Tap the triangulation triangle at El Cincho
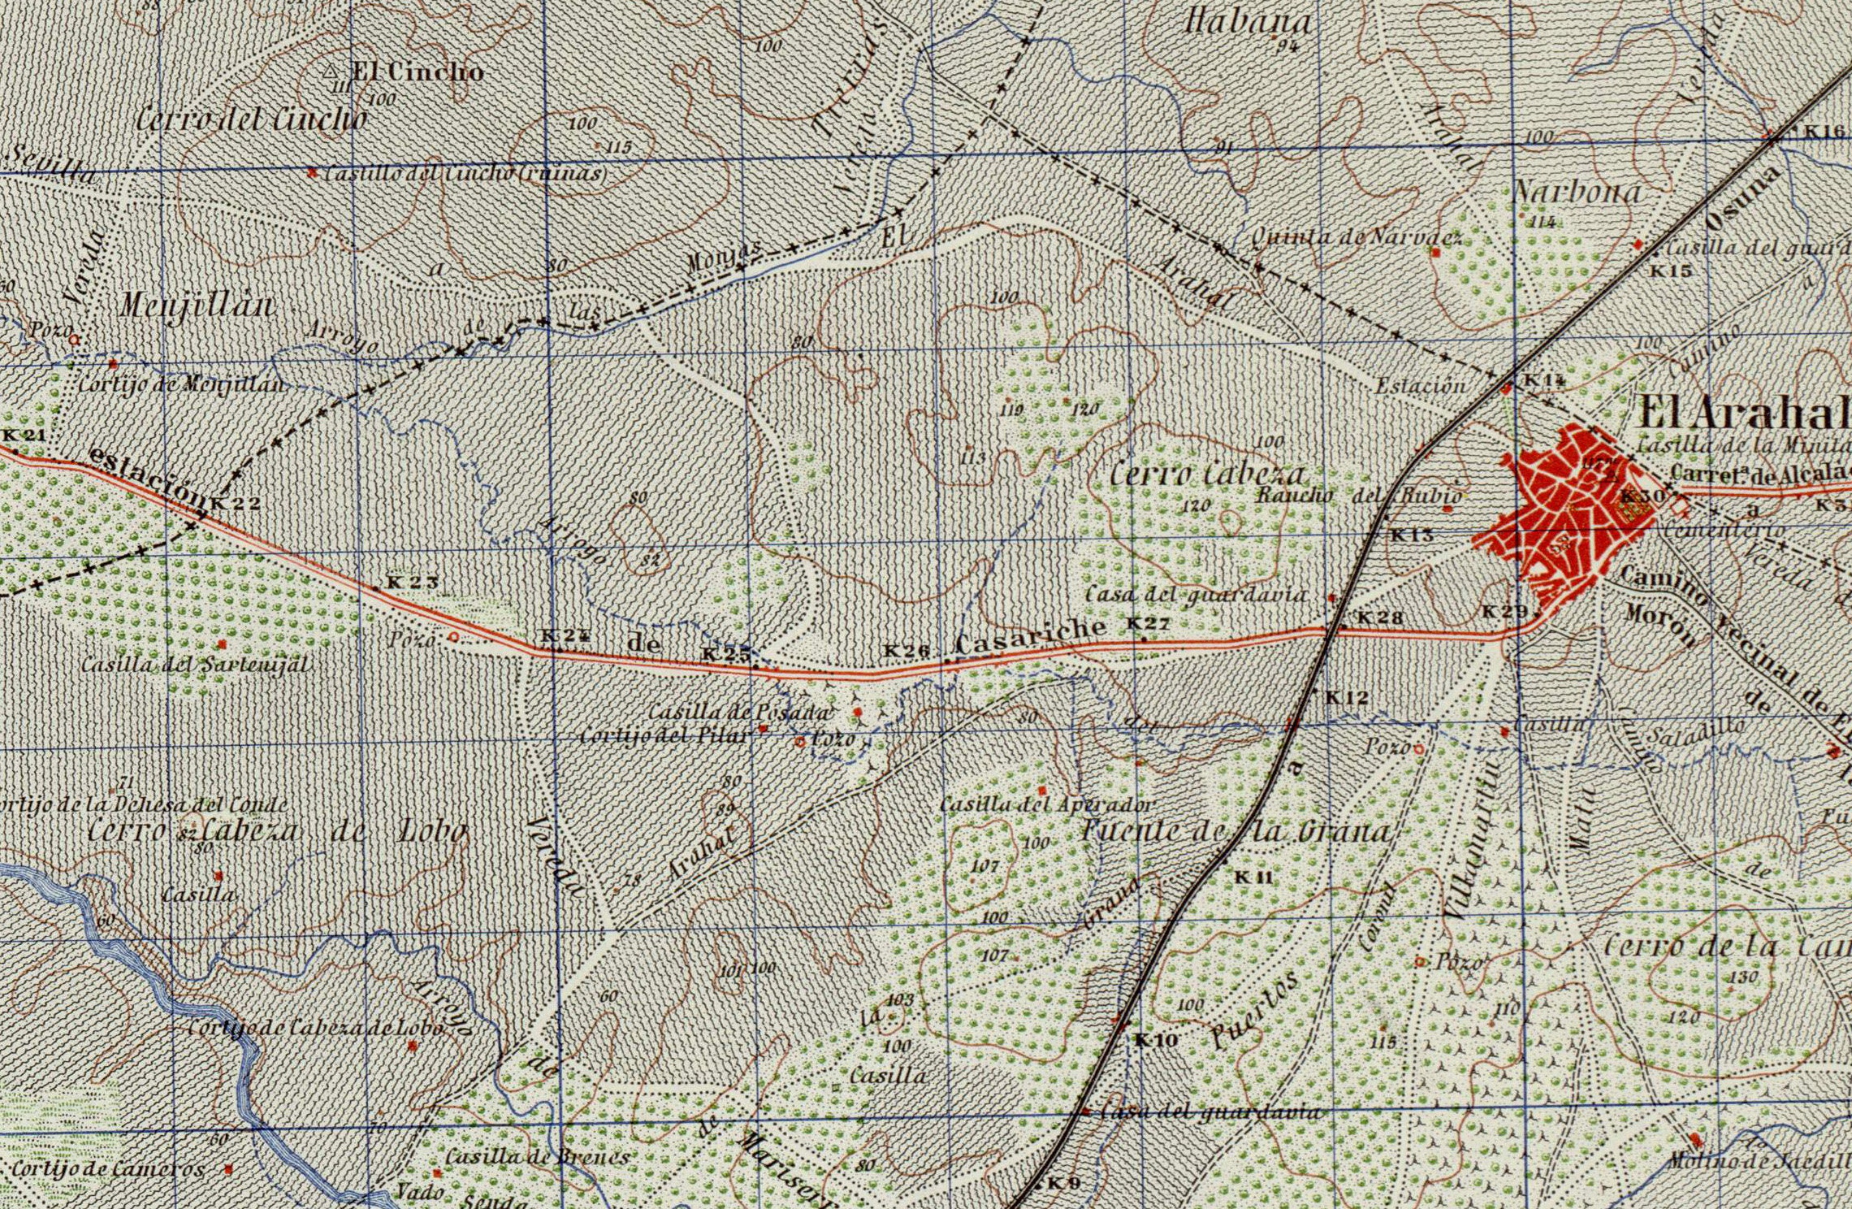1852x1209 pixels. (331, 72)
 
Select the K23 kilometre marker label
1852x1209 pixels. (412, 583)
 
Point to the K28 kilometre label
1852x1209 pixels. (1380, 618)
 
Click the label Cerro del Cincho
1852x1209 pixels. (250, 120)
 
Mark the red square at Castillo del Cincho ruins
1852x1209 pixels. (312, 172)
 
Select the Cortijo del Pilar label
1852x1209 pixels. (664, 736)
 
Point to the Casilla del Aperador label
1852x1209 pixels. (1045, 805)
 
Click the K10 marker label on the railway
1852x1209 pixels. (1155, 1041)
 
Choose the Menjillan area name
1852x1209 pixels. (197, 306)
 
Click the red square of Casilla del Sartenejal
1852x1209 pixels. (223, 644)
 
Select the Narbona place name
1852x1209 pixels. (1577, 192)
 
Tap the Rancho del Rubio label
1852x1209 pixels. (1359, 495)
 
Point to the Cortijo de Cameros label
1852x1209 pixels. (108, 1169)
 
